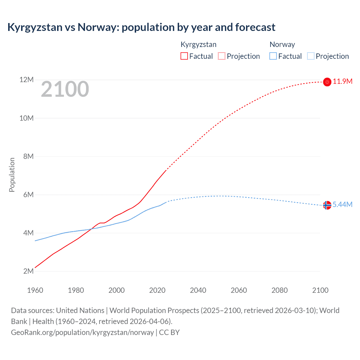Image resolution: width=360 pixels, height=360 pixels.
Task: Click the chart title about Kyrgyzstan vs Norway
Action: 141,27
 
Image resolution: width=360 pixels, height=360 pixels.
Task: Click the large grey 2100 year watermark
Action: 65,89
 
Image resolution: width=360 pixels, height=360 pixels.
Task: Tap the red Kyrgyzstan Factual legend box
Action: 184,56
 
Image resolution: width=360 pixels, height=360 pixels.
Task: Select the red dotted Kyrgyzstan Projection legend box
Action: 222,56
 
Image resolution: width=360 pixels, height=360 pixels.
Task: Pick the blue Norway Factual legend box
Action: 273,56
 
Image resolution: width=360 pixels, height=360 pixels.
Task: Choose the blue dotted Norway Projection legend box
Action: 310,56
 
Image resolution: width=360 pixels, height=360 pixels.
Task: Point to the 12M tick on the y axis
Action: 26,80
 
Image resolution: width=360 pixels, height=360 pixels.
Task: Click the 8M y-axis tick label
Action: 28,156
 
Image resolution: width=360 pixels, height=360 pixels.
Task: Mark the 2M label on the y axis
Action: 28,271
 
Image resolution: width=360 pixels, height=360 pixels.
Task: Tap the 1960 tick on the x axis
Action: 35,290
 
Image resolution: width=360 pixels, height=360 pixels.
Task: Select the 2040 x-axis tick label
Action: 198,290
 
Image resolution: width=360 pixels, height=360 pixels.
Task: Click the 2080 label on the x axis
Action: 280,290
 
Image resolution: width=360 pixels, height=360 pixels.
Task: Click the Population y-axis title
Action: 12,175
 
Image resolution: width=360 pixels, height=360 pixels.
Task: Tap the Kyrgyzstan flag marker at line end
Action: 327,82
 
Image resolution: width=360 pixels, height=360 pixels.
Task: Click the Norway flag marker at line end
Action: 327,205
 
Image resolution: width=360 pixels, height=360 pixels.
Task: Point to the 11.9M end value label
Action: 343,82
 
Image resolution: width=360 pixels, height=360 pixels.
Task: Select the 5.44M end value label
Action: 343,204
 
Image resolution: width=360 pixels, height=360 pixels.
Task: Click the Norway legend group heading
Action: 282,44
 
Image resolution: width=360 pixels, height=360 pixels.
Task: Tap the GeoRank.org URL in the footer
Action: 82,332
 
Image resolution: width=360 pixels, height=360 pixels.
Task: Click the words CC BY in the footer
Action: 169,332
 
